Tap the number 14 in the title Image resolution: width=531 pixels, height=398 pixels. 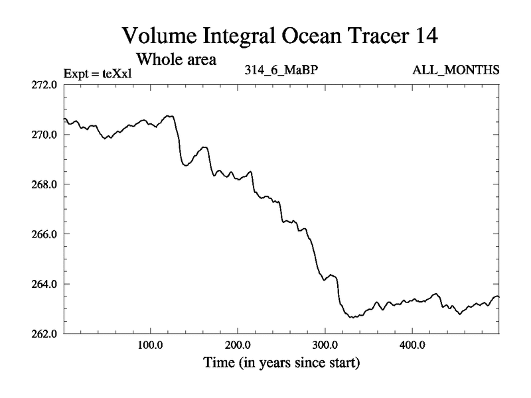click(423, 37)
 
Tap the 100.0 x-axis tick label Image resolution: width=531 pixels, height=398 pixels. click(151, 346)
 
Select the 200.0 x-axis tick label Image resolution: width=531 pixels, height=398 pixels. click(238, 346)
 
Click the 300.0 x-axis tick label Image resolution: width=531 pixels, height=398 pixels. click(325, 346)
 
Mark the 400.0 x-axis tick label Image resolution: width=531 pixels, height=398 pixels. click(412, 346)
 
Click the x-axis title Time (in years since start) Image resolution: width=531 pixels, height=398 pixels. click(281, 364)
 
